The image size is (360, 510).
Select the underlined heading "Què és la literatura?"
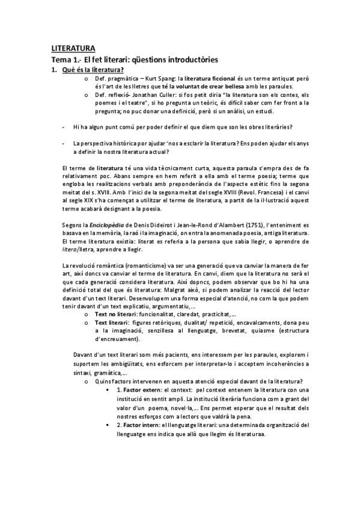pyautogui.click(x=97, y=70)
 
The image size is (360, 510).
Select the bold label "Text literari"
pyautogui.click(x=112, y=323)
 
